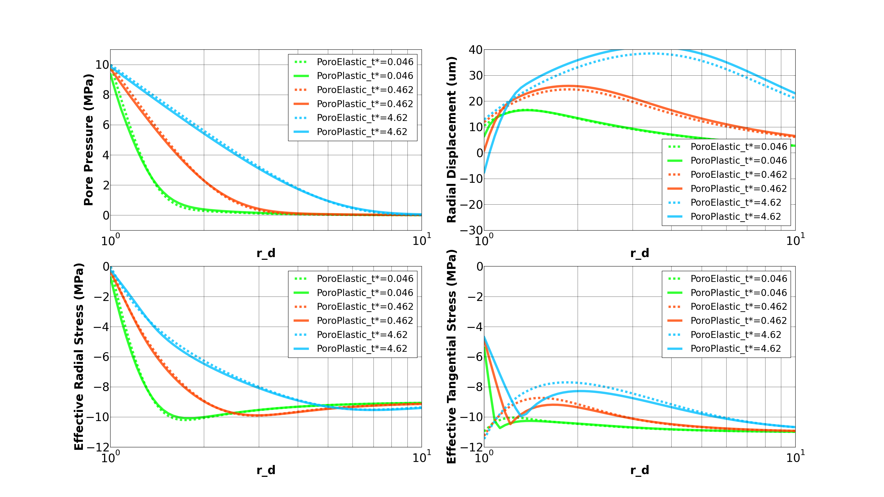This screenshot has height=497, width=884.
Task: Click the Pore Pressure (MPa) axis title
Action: coord(88,140)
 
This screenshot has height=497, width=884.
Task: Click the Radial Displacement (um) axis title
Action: coord(452,140)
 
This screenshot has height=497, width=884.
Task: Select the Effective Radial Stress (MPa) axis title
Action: coord(79,356)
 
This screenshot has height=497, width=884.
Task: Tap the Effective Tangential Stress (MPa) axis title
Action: coord(452,356)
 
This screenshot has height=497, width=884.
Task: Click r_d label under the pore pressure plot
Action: coord(266,253)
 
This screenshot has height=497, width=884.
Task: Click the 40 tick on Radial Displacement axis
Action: coord(476,50)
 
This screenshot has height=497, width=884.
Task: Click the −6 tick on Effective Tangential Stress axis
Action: coord(475,357)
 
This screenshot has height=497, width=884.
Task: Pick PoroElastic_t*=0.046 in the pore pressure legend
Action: coord(365,62)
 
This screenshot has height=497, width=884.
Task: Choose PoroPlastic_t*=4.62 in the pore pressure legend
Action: coord(362,132)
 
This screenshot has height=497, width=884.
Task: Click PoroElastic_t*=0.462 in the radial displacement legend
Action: coord(738,175)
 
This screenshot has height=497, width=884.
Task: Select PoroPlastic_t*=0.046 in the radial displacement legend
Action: coord(738,160)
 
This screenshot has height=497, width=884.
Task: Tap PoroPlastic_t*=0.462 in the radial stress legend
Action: coord(365,320)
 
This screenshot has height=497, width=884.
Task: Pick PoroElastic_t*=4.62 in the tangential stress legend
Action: coord(735,334)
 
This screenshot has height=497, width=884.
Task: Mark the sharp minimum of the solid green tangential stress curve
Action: coord(499,428)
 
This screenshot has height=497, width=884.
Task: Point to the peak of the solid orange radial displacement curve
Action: coord(568,86)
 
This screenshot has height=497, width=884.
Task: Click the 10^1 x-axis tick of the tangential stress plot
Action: coord(795,458)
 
